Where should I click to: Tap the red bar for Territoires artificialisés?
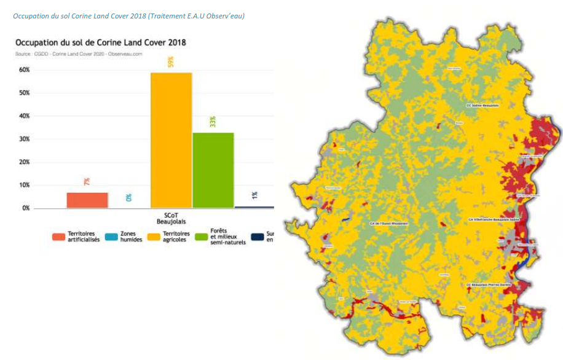click(x=87, y=200)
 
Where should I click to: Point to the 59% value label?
click(x=171, y=62)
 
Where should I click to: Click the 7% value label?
click(x=87, y=181)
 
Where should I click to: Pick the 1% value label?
click(x=254, y=195)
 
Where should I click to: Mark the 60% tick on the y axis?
click(x=24, y=70)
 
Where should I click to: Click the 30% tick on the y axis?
click(x=24, y=139)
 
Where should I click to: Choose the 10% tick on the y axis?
click(x=24, y=186)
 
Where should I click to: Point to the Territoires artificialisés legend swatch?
click(x=58, y=237)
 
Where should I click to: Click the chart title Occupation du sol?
click(x=100, y=43)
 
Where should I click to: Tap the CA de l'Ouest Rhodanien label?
click(x=389, y=224)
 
